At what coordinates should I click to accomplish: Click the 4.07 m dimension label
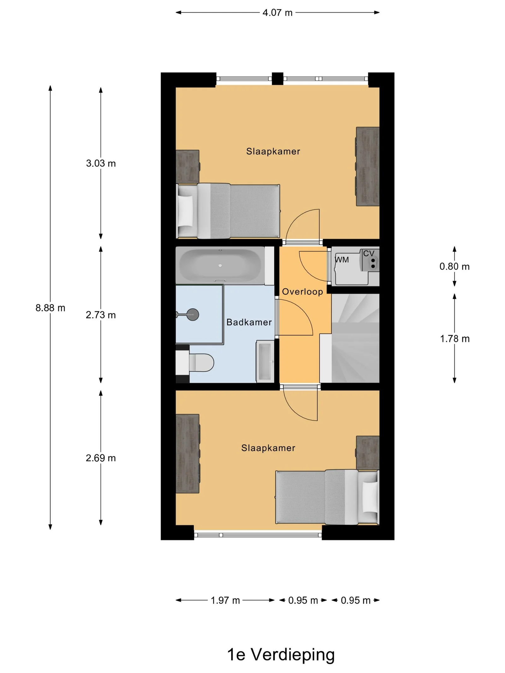[x=277, y=13]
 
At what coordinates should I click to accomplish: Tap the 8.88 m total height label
[x=50, y=308]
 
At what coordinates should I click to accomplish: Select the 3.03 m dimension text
[x=101, y=163]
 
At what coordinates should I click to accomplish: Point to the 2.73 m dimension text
[x=101, y=315]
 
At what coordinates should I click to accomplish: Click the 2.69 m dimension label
[x=101, y=458]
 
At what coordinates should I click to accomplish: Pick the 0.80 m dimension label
[x=454, y=267]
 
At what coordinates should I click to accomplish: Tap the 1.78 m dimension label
[x=455, y=339]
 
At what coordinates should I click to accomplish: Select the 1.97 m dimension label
[x=225, y=600]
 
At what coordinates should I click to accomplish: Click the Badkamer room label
[x=249, y=322]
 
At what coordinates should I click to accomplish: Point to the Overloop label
[x=302, y=292]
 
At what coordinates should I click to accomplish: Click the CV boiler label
[x=369, y=253]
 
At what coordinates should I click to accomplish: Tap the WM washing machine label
[x=342, y=260]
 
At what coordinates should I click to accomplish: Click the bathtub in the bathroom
[x=220, y=266]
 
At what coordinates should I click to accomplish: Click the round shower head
[x=193, y=314]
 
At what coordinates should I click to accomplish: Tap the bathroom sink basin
[x=265, y=361]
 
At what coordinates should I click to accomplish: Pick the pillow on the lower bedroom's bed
[x=370, y=497]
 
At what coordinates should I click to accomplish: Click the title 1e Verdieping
[x=281, y=655]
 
